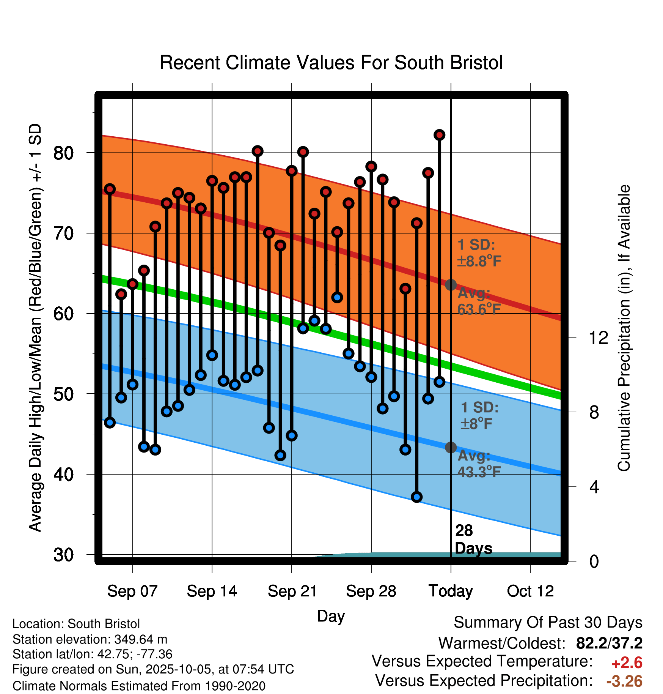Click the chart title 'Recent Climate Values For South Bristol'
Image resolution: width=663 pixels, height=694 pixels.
[331, 63]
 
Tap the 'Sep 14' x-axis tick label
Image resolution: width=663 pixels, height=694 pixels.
[212, 591]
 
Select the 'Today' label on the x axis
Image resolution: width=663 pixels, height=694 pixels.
[451, 591]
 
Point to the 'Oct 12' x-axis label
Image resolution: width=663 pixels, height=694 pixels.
[530, 591]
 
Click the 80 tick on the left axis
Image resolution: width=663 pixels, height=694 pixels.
[64, 153]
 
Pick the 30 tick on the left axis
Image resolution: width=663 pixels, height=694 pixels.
[64, 555]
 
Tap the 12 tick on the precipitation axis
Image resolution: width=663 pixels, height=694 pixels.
[598, 338]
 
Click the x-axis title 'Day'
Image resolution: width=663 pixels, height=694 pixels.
[331, 616]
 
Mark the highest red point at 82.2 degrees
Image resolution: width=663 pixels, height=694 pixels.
[439, 135]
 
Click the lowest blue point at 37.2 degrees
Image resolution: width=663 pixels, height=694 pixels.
[416, 497]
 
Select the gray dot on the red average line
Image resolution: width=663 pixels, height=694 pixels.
[451, 285]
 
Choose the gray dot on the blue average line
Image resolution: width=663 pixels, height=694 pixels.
[451, 448]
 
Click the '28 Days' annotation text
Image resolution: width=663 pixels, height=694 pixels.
[473, 539]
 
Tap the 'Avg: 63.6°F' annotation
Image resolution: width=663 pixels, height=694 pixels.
[479, 301]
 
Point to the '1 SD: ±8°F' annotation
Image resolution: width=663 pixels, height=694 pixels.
[479, 415]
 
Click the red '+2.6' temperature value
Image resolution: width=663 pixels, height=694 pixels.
[627, 663]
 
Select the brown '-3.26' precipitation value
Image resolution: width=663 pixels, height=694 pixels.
[624, 681]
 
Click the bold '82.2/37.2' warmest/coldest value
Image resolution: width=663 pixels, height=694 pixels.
[609, 643]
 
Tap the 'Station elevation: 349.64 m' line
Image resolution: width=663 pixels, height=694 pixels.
[90, 639]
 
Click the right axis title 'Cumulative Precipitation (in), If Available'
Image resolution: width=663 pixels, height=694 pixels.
[624, 328]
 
